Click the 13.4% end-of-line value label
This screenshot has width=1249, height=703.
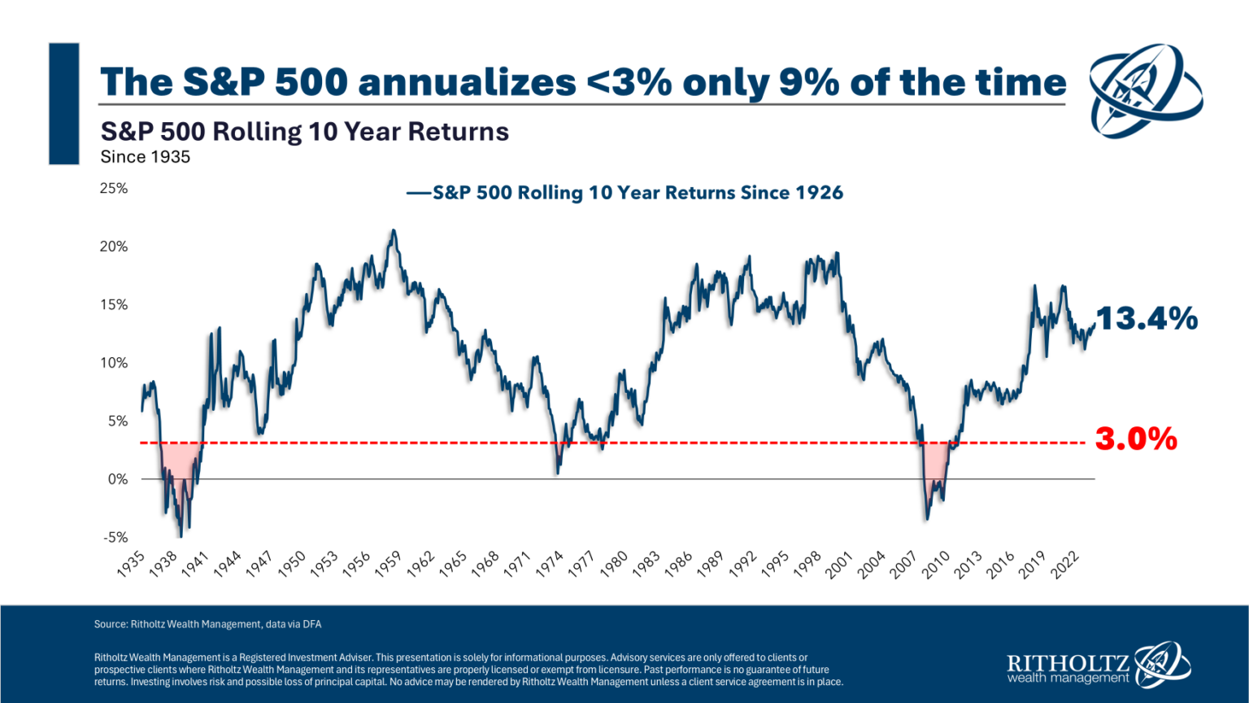coord(1147,318)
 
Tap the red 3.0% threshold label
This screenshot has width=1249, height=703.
coord(1135,439)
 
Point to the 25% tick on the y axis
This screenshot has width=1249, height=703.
coord(114,188)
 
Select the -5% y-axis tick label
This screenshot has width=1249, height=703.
coord(115,537)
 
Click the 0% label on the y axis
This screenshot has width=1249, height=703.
coord(118,479)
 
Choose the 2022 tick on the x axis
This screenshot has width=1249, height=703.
coord(1064,564)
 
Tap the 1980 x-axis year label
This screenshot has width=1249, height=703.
coord(614,564)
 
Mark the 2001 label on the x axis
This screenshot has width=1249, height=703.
coord(838,564)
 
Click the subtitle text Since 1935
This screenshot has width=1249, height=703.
coord(146,157)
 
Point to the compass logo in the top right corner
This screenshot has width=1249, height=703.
coord(1145,90)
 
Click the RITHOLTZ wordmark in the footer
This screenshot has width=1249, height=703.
coord(1068,662)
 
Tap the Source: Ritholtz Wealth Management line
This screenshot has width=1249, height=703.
coord(207,624)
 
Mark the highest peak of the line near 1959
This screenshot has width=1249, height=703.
coord(394,231)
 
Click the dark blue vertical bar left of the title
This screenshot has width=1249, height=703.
coord(64,103)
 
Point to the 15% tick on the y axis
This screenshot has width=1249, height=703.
coord(114,304)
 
